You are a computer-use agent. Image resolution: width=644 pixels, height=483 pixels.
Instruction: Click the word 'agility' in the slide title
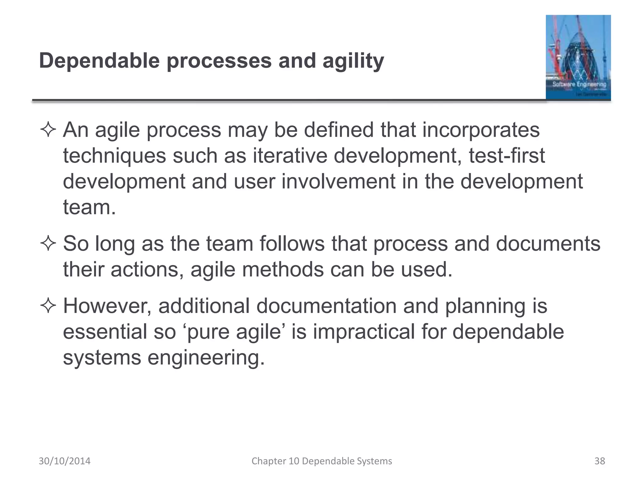pos(353,61)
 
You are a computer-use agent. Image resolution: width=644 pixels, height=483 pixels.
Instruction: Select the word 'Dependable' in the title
pos(99,61)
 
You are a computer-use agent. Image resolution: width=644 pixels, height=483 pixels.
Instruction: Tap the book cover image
pos(578,57)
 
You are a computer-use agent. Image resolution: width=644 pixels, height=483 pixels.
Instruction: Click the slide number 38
pos(600,461)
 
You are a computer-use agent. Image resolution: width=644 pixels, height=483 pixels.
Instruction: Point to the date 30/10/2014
pos(64,461)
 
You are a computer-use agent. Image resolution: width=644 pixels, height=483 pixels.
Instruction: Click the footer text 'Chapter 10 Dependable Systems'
pos(322,461)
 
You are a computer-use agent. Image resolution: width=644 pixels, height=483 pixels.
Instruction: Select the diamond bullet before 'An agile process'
pos(48,130)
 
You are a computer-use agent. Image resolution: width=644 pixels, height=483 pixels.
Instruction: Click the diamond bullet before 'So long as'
pos(48,244)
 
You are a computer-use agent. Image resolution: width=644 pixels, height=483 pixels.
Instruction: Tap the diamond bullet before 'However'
pos(48,306)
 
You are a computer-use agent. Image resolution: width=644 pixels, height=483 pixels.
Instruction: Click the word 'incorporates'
pos(480,130)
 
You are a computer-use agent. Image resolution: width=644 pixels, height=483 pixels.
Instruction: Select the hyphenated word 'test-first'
pos(507,156)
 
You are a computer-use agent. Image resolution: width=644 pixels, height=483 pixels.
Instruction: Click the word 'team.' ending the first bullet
pos(89,208)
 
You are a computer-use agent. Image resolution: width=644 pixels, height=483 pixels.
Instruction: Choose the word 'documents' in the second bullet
pos(548,244)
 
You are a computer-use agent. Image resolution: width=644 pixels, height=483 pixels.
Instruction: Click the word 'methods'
pos(283,269)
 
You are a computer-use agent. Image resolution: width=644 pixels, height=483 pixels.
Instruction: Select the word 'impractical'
pos(364,332)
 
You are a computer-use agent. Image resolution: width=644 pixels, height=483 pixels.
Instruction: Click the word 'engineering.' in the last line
pos(206,358)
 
